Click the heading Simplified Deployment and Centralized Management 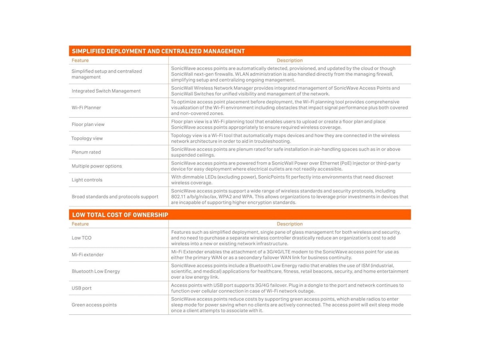click(158, 51)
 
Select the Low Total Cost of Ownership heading click(120, 215)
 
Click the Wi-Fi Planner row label click(86, 108)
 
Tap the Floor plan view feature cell click(88, 124)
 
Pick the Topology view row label click(87, 138)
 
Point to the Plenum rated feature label click(86, 152)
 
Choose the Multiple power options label click(97, 166)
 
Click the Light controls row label click(87, 180)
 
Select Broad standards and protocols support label click(115, 197)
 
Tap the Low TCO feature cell click(82, 238)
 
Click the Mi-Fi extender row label click(88, 254)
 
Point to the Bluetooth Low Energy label click(96, 271)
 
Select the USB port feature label click(82, 288)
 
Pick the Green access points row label click(94, 305)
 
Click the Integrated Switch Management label click(106, 91)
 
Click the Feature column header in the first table click(80, 60)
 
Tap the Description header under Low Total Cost click(290, 224)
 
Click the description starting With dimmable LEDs click(282, 180)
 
